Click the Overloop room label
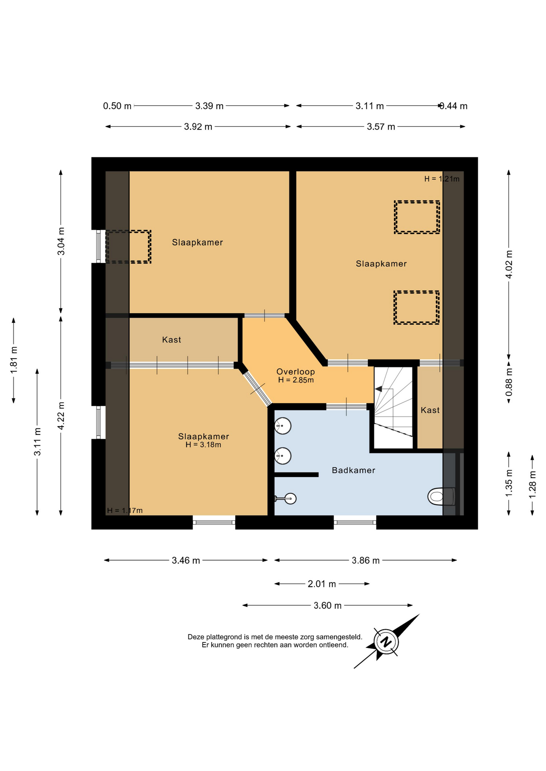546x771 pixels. tap(296, 372)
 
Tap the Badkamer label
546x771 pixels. tap(353, 470)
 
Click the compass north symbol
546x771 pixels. tap(386, 641)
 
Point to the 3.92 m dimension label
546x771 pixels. tap(198, 127)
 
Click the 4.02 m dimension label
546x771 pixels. tap(509, 264)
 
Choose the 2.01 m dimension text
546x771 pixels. tap(322, 584)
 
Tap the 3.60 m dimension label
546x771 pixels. tap(328, 606)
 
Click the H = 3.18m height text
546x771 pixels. tap(203, 445)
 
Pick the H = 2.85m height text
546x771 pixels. tap(296, 380)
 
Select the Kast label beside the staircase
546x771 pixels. tap(430, 410)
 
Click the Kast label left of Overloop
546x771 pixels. tap(172, 340)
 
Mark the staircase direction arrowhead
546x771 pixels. tap(378, 389)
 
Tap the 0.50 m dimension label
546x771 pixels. tap(117, 106)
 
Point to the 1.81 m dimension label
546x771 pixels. tap(14, 359)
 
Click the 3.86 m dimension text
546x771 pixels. tap(366, 561)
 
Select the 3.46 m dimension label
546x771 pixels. tap(186, 561)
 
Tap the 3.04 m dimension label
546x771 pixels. tap(61, 241)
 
